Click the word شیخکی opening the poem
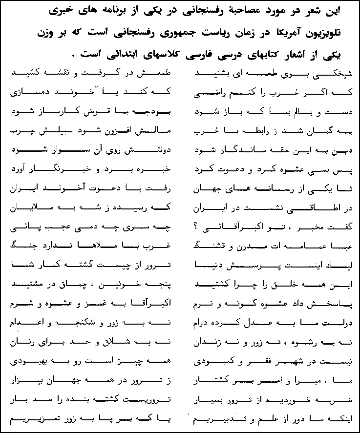point(334,73)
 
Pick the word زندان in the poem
point(209,339)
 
